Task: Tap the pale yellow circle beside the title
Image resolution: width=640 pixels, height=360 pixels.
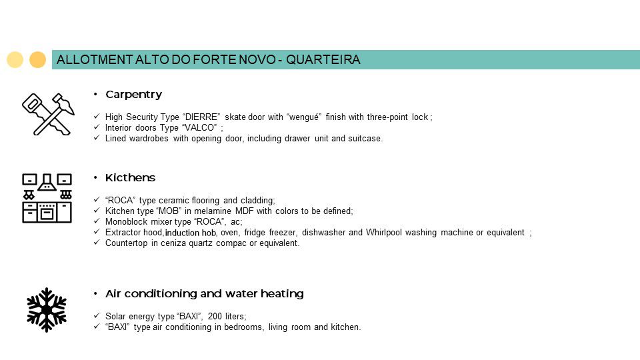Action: (x=15, y=60)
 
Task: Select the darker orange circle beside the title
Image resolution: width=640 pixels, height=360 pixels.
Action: (x=38, y=60)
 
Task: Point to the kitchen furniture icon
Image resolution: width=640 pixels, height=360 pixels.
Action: (x=47, y=198)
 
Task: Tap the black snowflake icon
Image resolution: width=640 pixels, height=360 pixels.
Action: (x=47, y=309)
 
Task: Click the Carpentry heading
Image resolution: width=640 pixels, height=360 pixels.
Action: (x=133, y=95)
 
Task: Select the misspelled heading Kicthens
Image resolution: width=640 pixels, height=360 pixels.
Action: (x=130, y=178)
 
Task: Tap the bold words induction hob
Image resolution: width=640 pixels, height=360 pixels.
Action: (x=191, y=233)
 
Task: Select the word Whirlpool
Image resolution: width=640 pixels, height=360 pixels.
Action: (x=386, y=233)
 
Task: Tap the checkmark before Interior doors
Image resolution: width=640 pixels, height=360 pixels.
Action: (x=97, y=128)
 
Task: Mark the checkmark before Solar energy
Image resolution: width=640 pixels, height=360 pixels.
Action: (x=97, y=316)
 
